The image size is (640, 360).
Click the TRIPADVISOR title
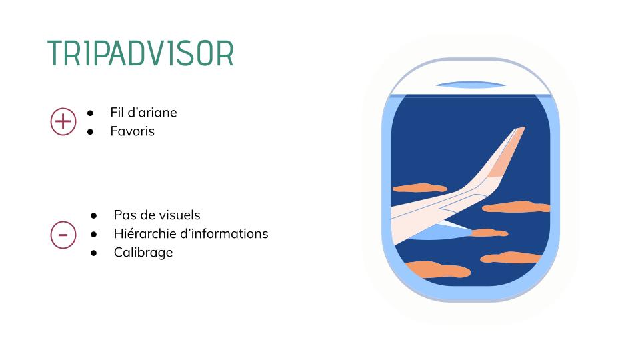click(x=141, y=53)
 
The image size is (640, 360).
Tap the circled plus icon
click(x=63, y=121)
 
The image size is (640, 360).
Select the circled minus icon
click(x=63, y=235)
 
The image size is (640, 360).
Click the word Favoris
click(x=132, y=131)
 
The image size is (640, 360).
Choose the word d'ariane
click(x=153, y=112)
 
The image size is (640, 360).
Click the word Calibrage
click(x=143, y=252)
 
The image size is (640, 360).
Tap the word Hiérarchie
click(x=143, y=233)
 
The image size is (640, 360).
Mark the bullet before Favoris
click(x=90, y=131)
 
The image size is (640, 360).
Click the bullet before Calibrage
click(x=94, y=253)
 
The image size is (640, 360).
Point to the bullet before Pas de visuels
click(x=94, y=215)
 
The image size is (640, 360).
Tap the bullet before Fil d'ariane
click(x=90, y=113)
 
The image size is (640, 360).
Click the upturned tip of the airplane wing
click(x=521, y=128)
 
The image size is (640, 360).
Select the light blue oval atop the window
click(x=471, y=85)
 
